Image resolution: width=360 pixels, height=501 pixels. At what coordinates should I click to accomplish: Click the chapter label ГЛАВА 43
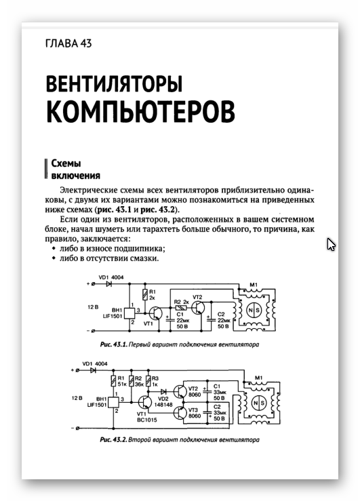pos(68,43)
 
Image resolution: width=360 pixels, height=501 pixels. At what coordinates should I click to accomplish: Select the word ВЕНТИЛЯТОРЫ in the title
pos(114,83)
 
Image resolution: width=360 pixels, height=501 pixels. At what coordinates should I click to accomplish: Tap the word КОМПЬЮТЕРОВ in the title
pos(140,111)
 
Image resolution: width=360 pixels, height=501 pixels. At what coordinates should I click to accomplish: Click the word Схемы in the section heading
pos(66,163)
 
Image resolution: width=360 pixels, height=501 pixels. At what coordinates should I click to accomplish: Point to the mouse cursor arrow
pos(331,245)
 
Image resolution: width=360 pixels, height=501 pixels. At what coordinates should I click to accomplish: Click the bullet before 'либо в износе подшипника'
pos(54,249)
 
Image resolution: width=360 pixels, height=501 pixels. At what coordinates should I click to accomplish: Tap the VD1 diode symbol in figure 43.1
pos(108,283)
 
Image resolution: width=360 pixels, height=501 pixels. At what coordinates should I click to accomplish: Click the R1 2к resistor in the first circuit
pos(145,294)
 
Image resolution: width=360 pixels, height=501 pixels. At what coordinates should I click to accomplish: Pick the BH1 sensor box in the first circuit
pos(130,313)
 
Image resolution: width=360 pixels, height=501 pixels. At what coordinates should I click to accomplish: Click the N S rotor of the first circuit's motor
pos(254,310)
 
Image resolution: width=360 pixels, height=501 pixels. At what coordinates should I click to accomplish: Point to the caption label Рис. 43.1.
pos(114,344)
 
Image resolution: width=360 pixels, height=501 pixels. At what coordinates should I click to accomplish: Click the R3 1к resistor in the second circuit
pos(148,381)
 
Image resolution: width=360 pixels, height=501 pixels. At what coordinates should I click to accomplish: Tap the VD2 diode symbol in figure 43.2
pos(163,391)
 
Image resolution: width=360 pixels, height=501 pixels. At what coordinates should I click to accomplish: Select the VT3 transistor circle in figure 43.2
pos(180,412)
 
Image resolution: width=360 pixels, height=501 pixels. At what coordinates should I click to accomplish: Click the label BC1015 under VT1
pos(147,420)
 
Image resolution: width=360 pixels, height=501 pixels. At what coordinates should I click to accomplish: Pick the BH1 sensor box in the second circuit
pos(114,402)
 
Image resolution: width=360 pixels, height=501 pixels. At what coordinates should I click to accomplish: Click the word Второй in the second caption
pos(139,440)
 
